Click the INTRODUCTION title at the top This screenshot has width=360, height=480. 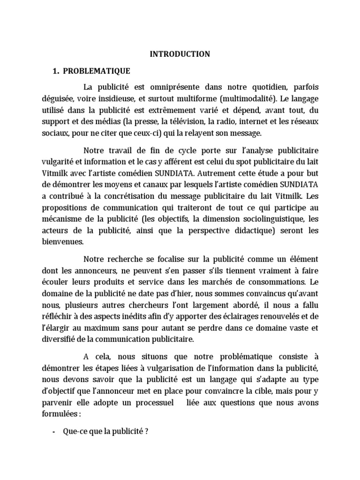click(180, 54)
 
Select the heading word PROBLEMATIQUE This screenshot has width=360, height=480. click(97, 71)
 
